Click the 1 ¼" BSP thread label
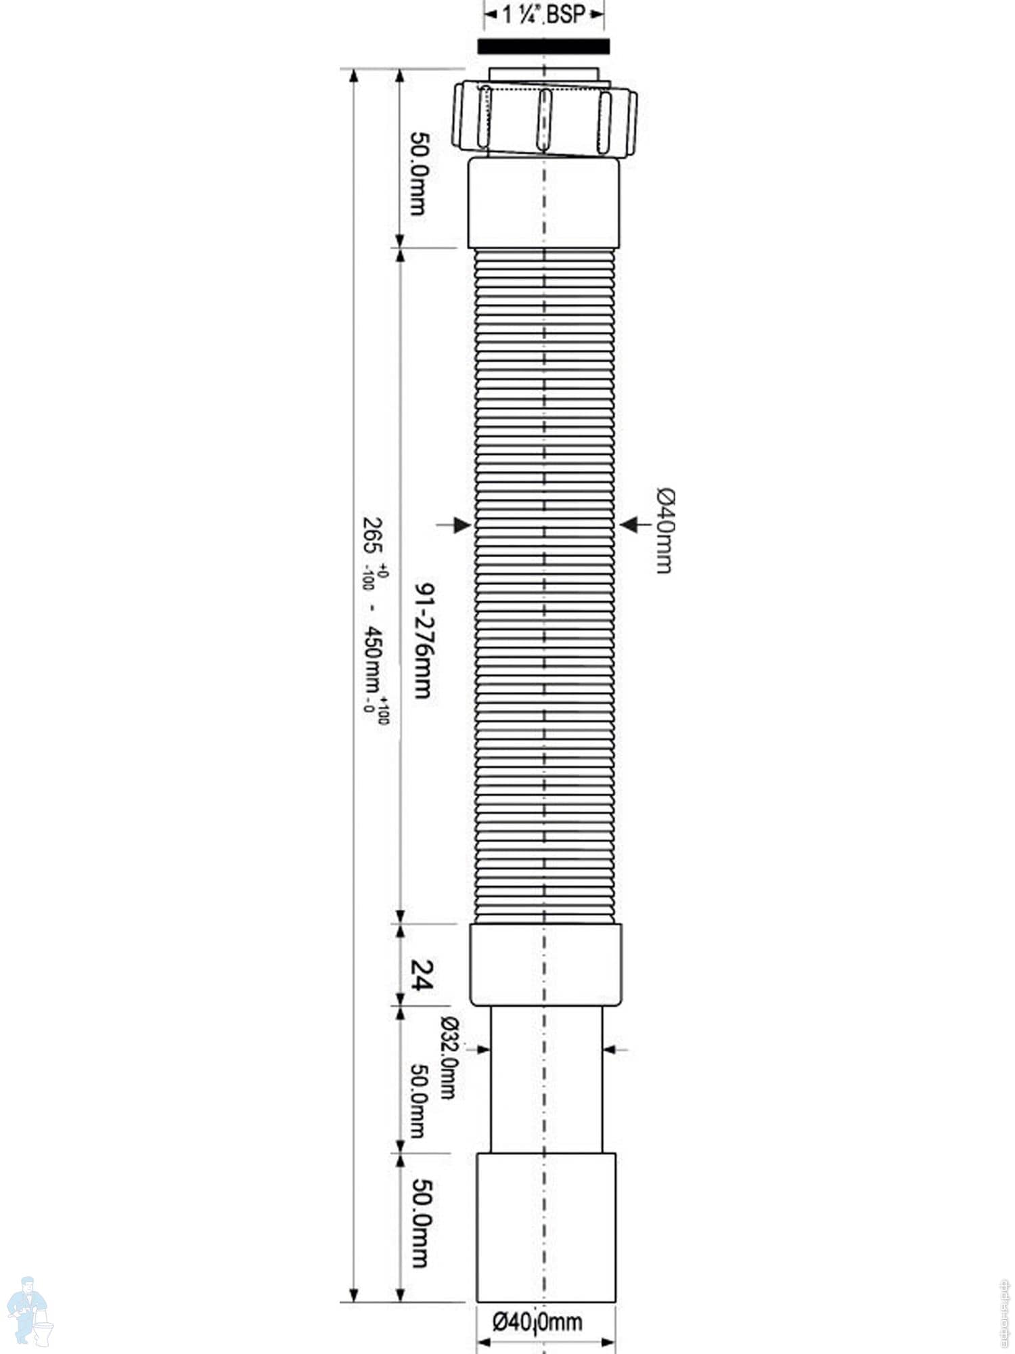[543, 15]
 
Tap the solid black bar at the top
[543, 46]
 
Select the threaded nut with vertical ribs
[545, 119]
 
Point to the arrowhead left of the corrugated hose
[463, 524]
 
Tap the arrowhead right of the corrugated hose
[628, 524]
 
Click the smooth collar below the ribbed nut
[543, 203]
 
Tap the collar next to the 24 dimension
[545, 964]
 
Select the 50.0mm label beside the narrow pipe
[418, 1100]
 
